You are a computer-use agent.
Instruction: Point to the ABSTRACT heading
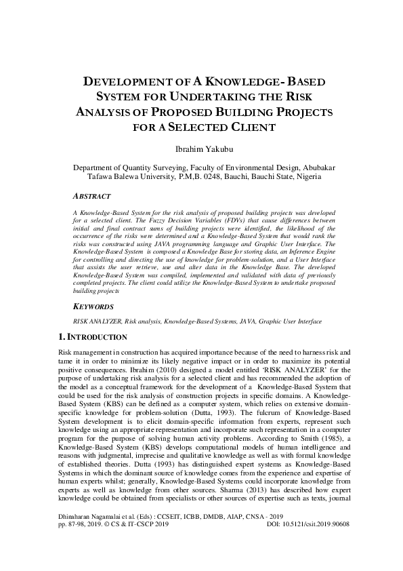point(92,195)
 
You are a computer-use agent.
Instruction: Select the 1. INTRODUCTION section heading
point(90,337)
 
